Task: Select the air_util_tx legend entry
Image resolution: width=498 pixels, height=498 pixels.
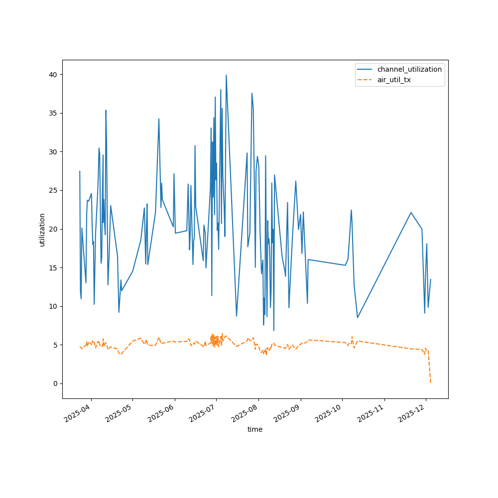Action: (393, 80)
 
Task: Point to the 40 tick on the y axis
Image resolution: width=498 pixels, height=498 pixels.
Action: (53, 75)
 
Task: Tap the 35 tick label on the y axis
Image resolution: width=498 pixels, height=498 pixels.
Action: (53, 113)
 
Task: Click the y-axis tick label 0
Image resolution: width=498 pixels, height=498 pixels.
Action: (55, 383)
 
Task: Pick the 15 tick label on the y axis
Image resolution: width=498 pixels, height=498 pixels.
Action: (53, 267)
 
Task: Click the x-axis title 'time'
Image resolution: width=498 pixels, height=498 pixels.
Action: (255, 429)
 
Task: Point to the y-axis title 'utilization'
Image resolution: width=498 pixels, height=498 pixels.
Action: (42, 230)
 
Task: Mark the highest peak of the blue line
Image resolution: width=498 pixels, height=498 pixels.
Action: (226, 75)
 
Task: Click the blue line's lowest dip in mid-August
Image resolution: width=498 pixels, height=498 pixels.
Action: (273, 330)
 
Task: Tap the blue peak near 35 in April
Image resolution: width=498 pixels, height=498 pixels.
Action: (106, 110)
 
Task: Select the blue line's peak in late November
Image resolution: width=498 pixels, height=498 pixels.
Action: (411, 213)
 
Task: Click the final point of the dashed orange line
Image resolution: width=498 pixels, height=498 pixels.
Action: (431, 382)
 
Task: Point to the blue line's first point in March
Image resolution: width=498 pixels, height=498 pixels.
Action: (80, 171)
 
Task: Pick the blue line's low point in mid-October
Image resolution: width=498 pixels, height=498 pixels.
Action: (358, 318)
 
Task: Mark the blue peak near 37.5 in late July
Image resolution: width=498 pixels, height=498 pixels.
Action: (252, 93)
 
